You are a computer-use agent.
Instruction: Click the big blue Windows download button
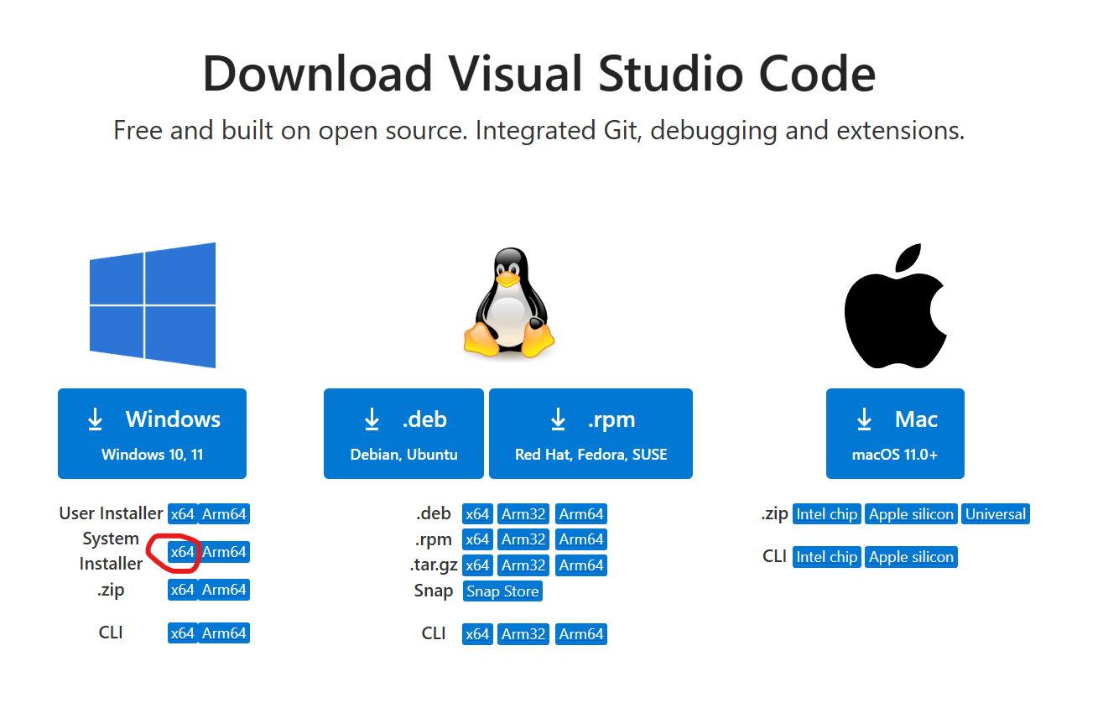pos(152,434)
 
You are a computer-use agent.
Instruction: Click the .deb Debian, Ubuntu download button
pos(403,434)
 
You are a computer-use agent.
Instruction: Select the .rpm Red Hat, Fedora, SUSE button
pos(591,434)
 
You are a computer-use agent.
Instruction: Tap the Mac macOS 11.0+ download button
pos(895,434)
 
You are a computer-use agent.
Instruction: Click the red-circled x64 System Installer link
pos(182,552)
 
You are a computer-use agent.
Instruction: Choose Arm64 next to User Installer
pos(224,514)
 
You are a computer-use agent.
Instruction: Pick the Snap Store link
pos(502,591)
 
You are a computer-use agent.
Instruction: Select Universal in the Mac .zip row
pos(996,514)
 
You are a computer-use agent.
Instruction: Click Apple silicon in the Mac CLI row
pos(911,557)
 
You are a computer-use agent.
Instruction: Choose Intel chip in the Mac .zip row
pos(826,514)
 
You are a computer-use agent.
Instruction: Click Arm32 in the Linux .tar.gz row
pos(523,565)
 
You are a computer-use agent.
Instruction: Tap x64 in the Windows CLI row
pos(182,633)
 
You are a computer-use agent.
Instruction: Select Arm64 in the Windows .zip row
pos(224,590)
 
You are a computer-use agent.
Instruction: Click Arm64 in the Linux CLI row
pos(581,634)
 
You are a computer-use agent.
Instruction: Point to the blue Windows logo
pos(153,305)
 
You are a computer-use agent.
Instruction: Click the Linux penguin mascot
pos(508,304)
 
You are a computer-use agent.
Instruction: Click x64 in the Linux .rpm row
pos(477,539)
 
